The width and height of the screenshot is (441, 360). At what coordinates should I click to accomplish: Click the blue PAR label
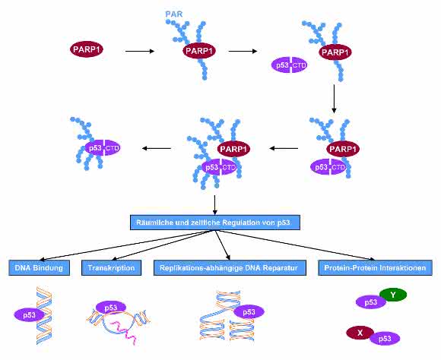click(x=174, y=14)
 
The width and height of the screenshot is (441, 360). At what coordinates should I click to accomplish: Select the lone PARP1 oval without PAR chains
click(x=87, y=49)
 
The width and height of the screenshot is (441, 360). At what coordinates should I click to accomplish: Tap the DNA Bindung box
click(x=39, y=267)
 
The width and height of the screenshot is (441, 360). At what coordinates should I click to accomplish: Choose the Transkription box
click(x=111, y=267)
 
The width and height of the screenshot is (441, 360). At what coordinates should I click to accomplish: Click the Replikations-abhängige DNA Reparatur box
click(x=230, y=267)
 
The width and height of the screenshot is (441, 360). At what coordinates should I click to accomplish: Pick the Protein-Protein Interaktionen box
click(x=375, y=267)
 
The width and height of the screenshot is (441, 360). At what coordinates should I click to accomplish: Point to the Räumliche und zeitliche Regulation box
click(x=215, y=223)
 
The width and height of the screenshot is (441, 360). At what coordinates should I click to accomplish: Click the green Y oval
click(x=393, y=295)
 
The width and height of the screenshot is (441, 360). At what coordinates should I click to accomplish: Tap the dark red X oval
click(x=360, y=333)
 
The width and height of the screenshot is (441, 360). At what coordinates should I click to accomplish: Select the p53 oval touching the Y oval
click(x=371, y=302)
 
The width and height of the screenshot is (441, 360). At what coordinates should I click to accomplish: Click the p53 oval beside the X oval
click(x=385, y=339)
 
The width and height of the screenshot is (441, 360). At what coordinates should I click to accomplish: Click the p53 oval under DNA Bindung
click(x=29, y=315)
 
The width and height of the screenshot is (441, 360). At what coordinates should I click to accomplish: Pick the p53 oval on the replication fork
click(x=249, y=312)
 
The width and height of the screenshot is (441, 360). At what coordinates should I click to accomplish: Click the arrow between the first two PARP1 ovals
click(x=140, y=51)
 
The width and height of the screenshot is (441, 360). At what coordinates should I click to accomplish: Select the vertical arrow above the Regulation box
click(x=215, y=204)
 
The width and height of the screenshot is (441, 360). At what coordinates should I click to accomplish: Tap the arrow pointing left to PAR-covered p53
click(x=157, y=148)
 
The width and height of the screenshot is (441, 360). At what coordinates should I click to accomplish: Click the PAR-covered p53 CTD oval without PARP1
click(x=103, y=148)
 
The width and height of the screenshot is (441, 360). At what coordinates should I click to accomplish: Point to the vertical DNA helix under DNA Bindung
click(x=44, y=316)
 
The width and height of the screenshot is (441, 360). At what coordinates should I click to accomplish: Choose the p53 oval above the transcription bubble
click(x=111, y=308)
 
